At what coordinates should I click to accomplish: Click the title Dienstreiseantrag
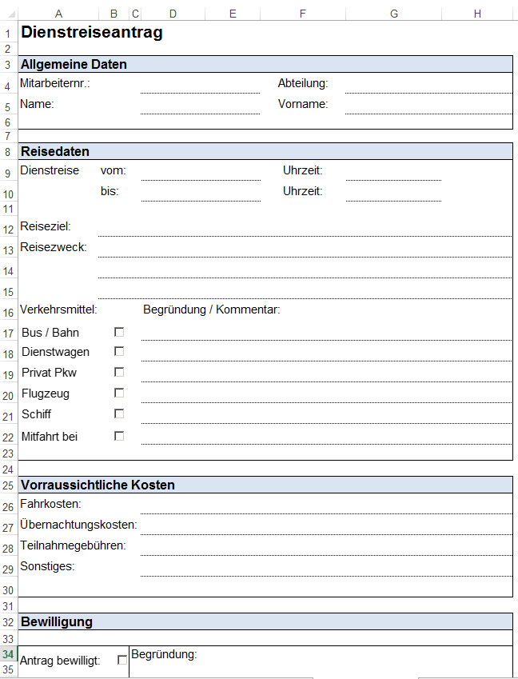[x=91, y=33]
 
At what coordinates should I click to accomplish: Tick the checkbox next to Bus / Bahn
[x=119, y=331]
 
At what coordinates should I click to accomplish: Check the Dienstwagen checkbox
[x=119, y=351]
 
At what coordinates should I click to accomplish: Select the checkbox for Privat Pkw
[x=119, y=372]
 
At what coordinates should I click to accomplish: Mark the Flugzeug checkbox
[x=119, y=393]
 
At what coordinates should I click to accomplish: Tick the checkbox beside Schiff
[x=119, y=413]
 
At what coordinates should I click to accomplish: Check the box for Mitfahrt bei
[x=119, y=436]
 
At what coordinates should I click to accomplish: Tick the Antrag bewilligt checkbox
[x=122, y=660]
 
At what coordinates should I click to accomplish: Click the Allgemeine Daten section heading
[x=74, y=65]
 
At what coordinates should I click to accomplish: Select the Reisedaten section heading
[x=55, y=151]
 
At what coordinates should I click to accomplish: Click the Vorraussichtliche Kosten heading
[x=98, y=485]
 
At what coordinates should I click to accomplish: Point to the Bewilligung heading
[x=57, y=621]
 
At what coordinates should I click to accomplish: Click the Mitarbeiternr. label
[x=55, y=83]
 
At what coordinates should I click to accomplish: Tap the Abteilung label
[x=303, y=83]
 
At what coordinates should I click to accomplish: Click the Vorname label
[x=303, y=104]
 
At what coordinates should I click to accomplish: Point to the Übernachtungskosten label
[x=78, y=525]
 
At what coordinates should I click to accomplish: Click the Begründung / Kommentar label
[x=211, y=310]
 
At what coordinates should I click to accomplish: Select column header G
[x=394, y=14]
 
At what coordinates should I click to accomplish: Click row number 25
[x=8, y=485]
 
